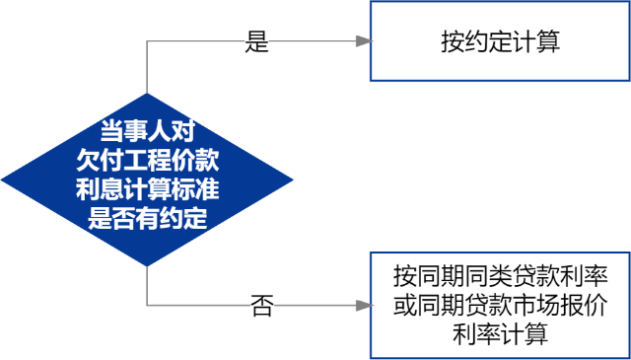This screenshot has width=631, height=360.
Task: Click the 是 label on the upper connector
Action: tap(257, 41)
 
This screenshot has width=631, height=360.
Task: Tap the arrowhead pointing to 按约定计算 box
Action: tap(365, 41)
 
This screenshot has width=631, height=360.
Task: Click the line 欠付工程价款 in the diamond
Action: tap(147, 159)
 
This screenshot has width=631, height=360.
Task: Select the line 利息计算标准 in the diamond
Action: tap(147, 188)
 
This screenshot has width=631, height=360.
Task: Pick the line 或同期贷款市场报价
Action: tap(500, 305)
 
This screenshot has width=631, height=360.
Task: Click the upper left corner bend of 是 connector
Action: tap(147, 41)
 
